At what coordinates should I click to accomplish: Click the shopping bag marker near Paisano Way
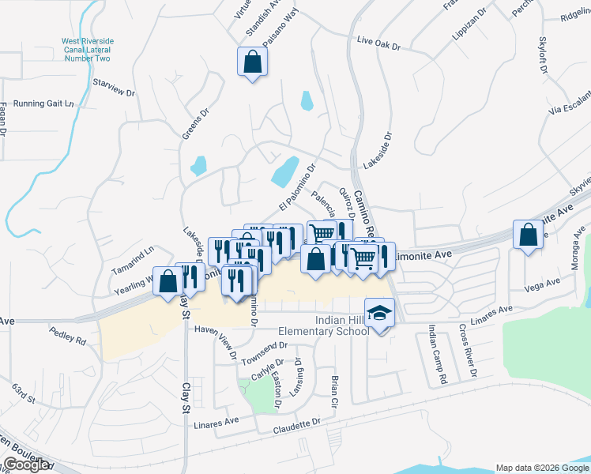click(x=252, y=62)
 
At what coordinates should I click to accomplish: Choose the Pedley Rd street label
click(x=67, y=335)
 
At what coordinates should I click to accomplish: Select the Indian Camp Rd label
click(x=439, y=354)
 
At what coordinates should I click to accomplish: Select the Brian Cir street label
click(x=335, y=390)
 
